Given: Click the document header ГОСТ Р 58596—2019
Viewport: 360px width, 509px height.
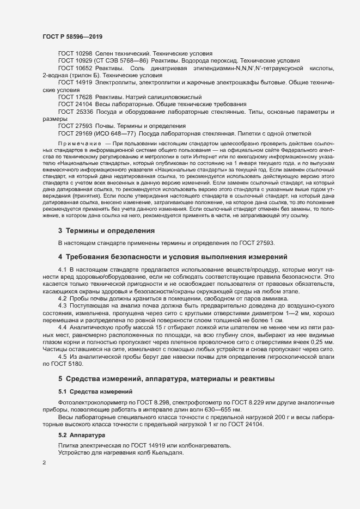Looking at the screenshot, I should point(72,36).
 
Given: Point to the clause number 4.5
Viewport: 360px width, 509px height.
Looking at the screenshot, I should point(62,356).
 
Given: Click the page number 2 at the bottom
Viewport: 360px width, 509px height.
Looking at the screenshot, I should point(44,464).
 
